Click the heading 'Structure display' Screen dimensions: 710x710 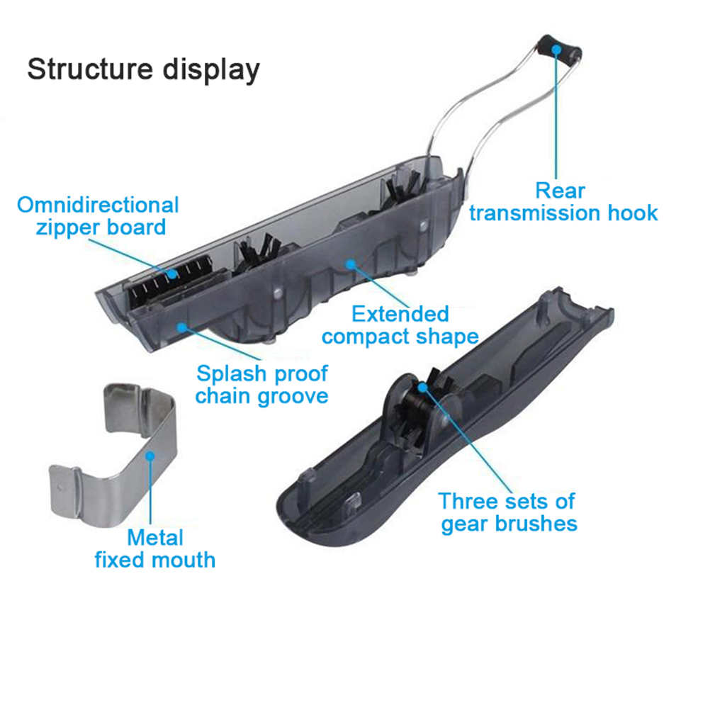tap(143, 69)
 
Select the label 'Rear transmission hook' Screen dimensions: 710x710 tap(563, 202)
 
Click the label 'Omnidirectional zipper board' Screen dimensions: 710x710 tap(98, 216)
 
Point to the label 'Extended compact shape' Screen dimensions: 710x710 tap(400, 325)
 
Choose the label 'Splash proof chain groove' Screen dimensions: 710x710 tap(261, 384)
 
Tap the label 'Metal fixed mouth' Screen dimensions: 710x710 tap(155, 548)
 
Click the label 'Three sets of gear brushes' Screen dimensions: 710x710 tap(507, 512)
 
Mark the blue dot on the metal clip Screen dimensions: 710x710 tap(150, 454)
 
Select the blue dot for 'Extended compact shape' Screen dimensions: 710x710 tap(349, 264)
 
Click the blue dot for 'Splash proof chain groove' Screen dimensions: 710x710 tap(182, 327)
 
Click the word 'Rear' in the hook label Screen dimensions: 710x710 tap(560, 190)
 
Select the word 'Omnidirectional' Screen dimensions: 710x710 tap(98, 205)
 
